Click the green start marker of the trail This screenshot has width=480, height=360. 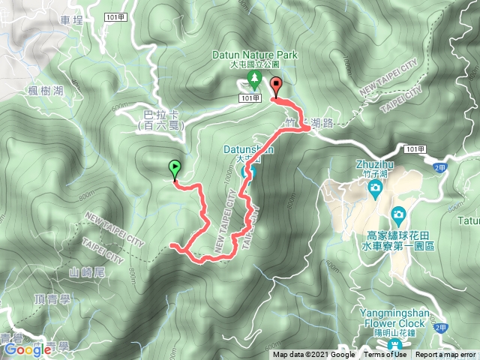175,168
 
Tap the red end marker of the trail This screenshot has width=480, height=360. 275,85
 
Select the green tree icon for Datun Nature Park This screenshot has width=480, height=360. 254,78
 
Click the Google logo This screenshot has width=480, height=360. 27,349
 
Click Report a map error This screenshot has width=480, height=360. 446,355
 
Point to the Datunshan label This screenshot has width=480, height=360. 248,149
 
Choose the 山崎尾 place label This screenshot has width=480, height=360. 84,271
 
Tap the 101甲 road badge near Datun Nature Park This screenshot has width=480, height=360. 250,98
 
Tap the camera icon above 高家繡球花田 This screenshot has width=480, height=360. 397,214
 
